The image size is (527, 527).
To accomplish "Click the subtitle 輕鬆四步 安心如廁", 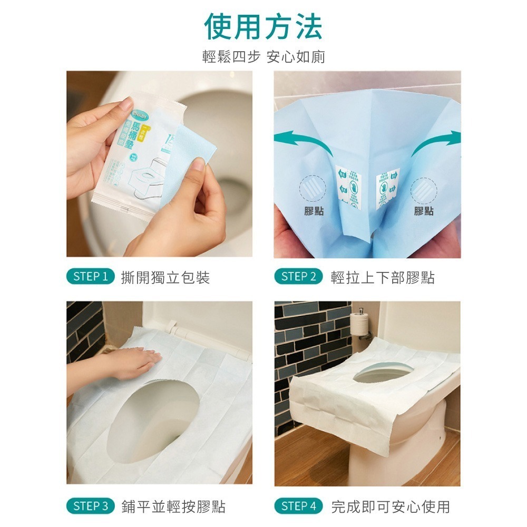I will (x=263, y=57).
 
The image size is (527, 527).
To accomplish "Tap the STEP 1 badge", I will (x=91, y=277).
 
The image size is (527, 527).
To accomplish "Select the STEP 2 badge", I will (x=298, y=277).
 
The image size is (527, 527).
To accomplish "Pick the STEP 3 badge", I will (x=91, y=506).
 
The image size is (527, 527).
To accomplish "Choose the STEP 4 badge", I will (x=298, y=506).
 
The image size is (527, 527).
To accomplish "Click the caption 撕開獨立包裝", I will (x=165, y=277).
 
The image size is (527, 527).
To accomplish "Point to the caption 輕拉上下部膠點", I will (x=383, y=277).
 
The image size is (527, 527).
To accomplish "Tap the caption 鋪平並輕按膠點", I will (x=173, y=507).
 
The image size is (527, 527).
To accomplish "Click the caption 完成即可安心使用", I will (x=391, y=507).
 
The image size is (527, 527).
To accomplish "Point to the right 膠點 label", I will (x=424, y=211).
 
